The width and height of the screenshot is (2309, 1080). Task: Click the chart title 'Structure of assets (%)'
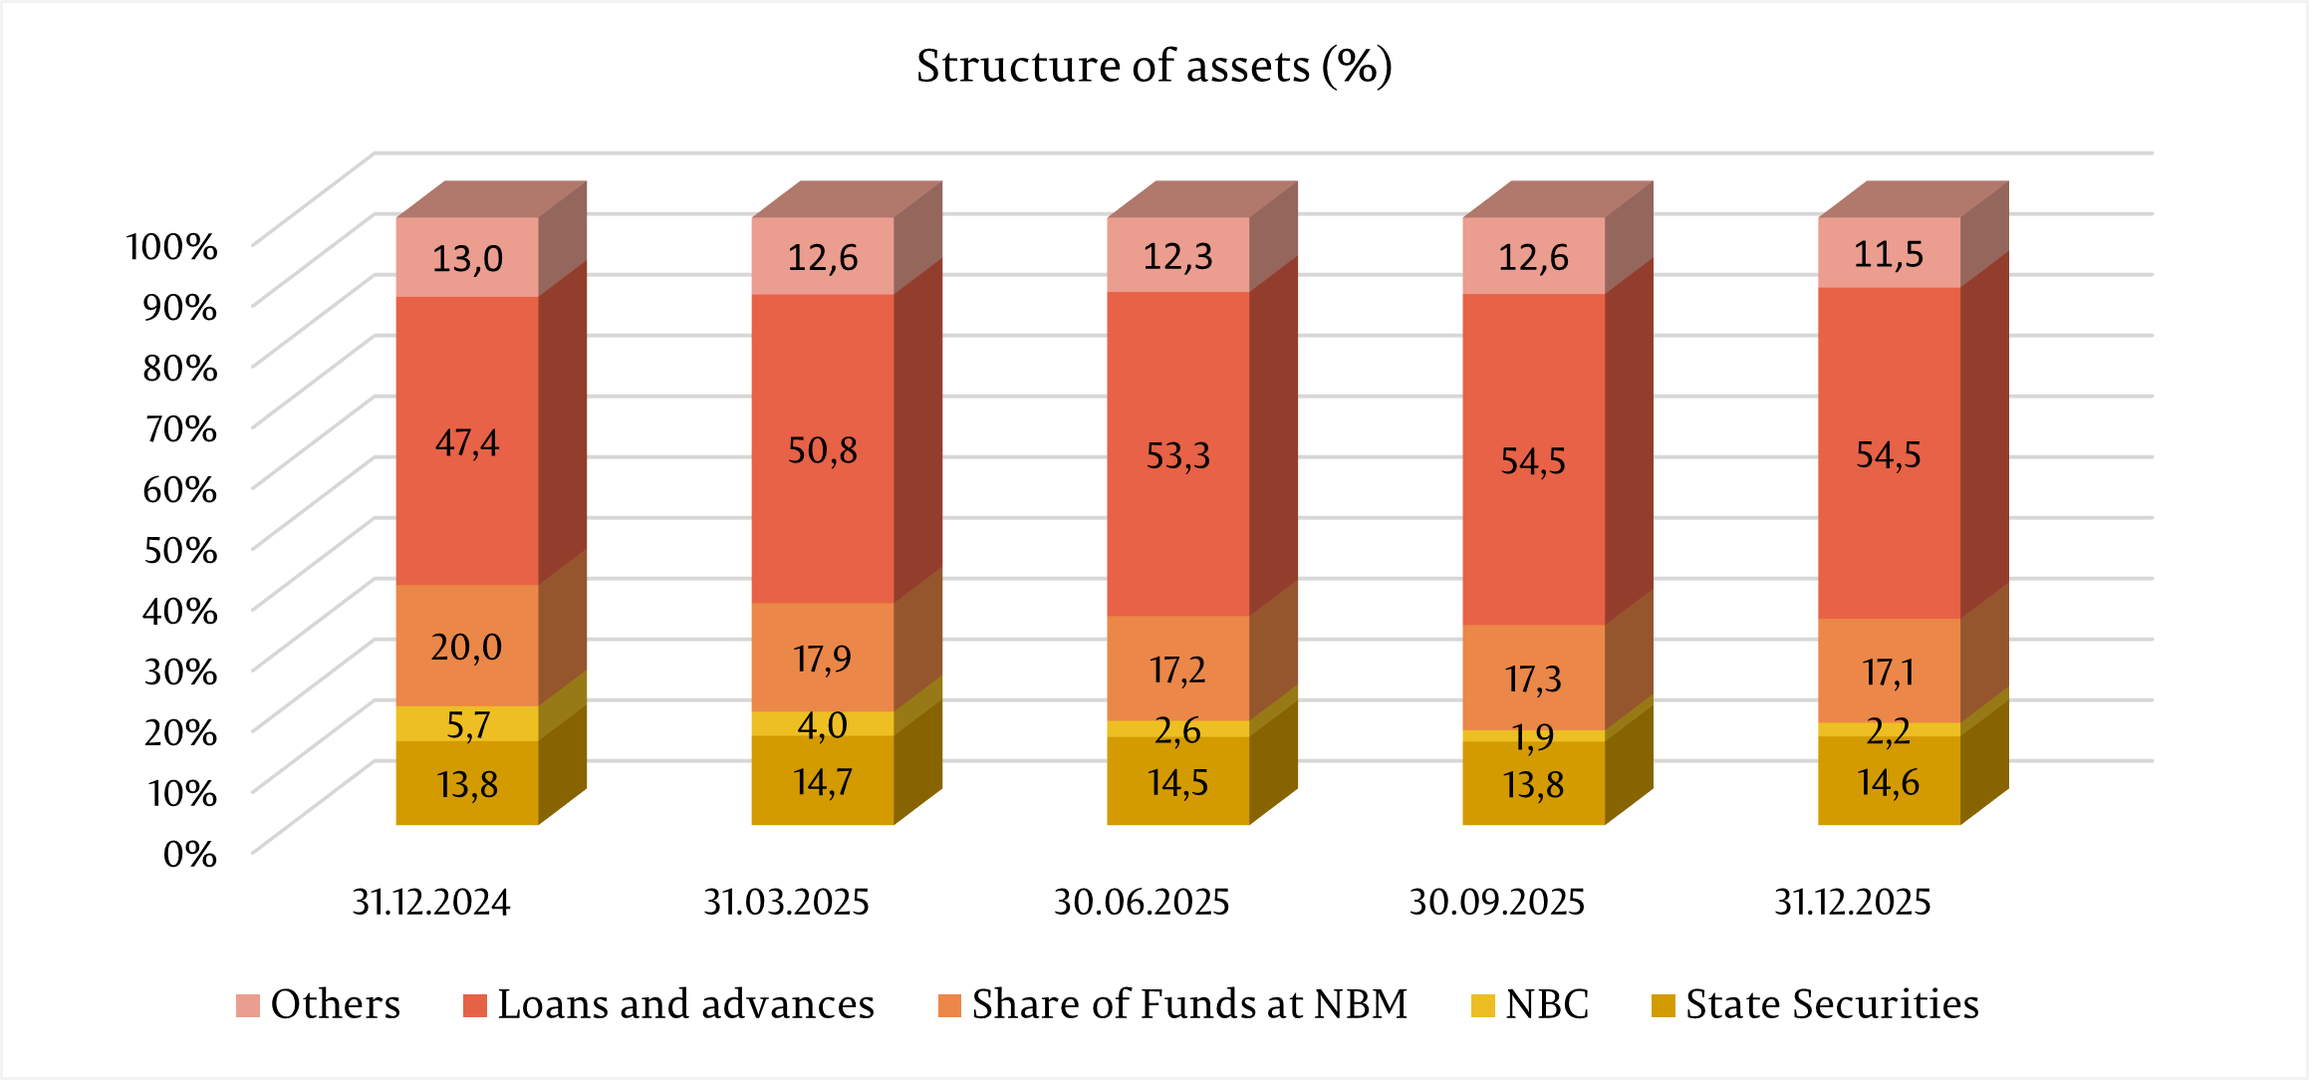click(1154, 67)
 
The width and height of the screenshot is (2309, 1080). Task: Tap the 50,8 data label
click(822, 451)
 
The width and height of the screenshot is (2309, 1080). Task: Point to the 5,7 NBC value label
click(467, 725)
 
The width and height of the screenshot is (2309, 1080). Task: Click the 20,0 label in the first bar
click(466, 648)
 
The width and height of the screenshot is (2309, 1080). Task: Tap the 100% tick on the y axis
click(171, 246)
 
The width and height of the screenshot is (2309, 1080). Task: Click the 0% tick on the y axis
click(189, 854)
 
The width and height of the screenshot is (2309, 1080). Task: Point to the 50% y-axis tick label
click(180, 550)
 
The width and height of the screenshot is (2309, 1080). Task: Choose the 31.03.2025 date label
click(786, 903)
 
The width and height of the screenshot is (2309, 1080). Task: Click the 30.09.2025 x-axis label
click(1496, 903)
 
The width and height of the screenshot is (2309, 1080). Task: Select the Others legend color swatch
click(248, 1005)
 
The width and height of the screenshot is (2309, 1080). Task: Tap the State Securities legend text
click(1831, 1004)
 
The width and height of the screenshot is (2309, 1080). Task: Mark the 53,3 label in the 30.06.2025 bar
click(1177, 456)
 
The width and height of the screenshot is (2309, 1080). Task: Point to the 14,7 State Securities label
click(822, 783)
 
